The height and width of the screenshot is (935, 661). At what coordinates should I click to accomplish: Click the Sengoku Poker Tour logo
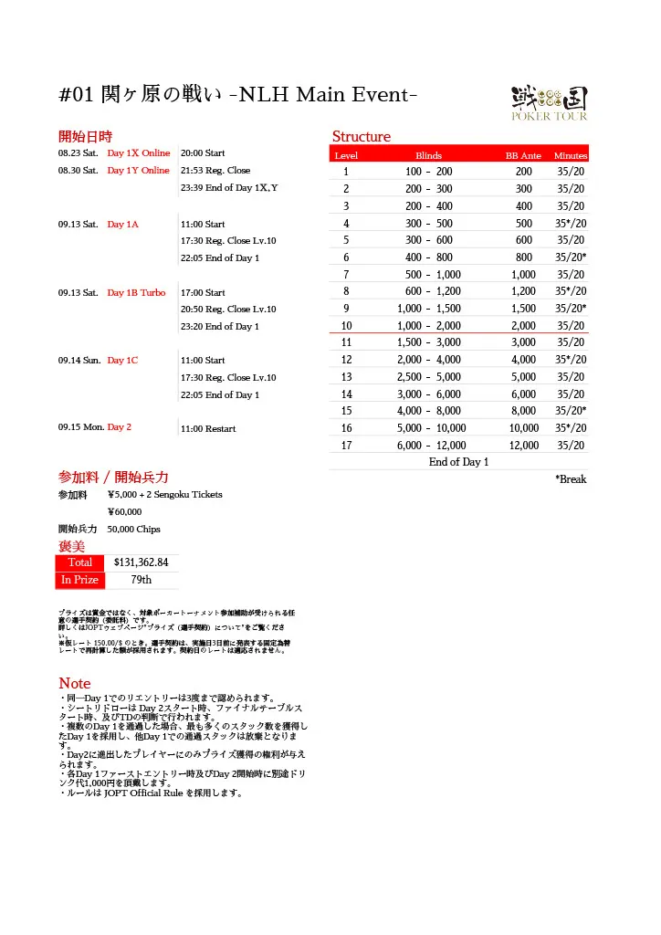click(x=548, y=102)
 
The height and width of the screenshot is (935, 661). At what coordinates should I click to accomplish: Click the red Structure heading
click(x=361, y=137)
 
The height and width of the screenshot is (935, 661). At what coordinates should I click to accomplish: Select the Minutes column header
click(x=571, y=156)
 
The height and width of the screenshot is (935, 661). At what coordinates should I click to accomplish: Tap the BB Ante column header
click(x=523, y=156)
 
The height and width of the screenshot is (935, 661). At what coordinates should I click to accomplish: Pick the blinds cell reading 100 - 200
click(x=428, y=172)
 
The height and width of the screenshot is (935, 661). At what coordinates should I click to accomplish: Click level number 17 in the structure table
click(x=346, y=446)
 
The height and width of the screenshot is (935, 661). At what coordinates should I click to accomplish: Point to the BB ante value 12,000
click(x=523, y=446)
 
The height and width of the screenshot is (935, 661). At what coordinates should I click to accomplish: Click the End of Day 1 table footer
click(x=458, y=462)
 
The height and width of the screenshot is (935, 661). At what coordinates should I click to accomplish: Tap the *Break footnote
click(x=571, y=479)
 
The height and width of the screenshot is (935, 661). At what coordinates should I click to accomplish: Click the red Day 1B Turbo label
click(x=136, y=293)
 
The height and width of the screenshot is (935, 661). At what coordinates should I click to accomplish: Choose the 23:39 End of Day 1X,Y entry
click(x=229, y=188)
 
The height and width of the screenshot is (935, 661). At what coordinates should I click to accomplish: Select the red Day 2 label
click(x=119, y=427)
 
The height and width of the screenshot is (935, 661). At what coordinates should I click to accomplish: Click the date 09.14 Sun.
click(x=79, y=361)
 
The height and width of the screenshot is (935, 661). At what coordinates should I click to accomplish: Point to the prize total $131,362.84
click(x=141, y=562)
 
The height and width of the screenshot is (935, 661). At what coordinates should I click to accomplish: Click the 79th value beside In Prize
click(x=141, y=580)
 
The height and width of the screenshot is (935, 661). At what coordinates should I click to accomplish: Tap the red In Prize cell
click(x=79, y=580)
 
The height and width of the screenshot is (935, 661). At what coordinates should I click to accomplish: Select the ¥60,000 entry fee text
click(x=124, y=511)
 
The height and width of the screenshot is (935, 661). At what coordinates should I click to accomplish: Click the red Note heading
click(x=75, y=683)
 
